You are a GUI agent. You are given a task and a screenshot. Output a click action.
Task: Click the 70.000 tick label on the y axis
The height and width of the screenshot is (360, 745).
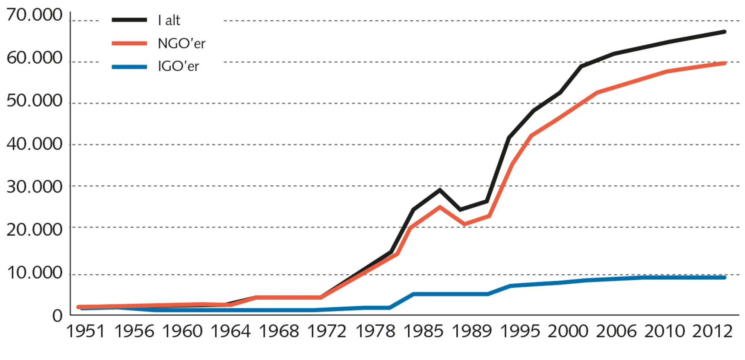click(x=34, y=16)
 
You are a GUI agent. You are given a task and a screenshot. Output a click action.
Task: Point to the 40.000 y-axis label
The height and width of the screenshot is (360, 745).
click(x=34, y=144)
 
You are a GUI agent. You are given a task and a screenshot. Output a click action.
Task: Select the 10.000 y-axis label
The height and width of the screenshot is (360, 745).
click(x=34, y=273)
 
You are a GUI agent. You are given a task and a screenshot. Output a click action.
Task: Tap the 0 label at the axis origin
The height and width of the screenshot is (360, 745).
click(x=57, y=316)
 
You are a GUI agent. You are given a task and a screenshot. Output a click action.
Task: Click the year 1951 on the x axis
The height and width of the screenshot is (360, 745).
click(x=86, y=331)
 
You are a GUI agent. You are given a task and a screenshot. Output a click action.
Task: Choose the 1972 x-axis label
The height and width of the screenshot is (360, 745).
click(x=327, y=331)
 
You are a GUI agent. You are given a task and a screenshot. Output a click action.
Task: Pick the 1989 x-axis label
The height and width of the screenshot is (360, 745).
click(x=472, y=331)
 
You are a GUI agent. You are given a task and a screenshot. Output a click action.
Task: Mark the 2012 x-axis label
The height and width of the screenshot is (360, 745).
click(x=712, y=331)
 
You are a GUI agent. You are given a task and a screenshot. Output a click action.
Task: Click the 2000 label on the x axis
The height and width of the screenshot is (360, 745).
click(x=568, y=331)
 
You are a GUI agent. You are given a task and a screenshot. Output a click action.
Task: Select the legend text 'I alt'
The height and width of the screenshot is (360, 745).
click(x=169, y=20)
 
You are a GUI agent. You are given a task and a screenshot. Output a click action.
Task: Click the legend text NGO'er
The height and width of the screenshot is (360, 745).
click(x=181, y=44)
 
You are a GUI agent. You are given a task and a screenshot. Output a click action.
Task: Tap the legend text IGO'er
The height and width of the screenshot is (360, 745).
click(x=178, y=66)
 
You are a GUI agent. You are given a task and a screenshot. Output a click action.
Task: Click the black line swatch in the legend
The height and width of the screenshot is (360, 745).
click(x=129, y=20)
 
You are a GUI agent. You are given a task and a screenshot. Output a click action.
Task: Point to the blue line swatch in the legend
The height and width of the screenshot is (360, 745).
click(x=129, y=67)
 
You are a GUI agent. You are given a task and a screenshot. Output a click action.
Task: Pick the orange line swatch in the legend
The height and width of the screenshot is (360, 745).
click(x=129, y=44)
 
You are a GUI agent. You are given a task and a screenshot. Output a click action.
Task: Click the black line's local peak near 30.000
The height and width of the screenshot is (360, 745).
click(x=440, y=190)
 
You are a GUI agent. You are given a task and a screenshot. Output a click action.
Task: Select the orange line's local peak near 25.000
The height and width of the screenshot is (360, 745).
click(x=440, y=207)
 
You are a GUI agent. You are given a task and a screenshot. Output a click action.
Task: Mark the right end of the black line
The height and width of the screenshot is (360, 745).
click(x=724, y=32)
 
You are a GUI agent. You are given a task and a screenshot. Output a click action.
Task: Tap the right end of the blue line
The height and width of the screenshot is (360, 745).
click(x=724, y=277)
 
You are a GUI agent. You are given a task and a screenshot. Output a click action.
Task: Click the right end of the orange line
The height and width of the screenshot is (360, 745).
click(x=724, y=63)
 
